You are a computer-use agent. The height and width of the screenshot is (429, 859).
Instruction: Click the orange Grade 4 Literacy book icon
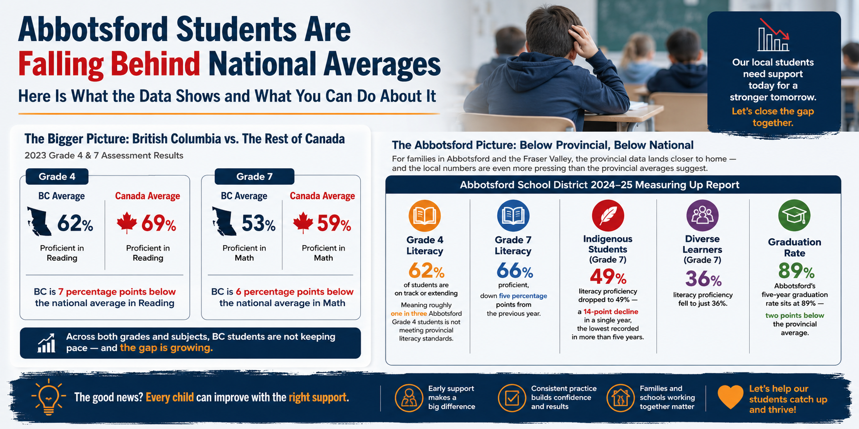pyautogui.click(x=425, y=216)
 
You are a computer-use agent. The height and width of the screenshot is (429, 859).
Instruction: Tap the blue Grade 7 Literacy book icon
pyautogui.click(x=513, y=216)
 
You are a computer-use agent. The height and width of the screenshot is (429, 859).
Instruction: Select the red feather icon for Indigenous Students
pyautogui.click(x=608, y=216)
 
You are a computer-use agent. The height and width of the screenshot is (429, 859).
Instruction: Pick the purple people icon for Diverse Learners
pyautogui.click(x=702, y=216)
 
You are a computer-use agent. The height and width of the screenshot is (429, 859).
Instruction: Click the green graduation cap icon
pyautogui.click(x=794, y=216)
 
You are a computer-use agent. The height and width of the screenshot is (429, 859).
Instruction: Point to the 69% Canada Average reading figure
pyautogui.click(x=159, y=223)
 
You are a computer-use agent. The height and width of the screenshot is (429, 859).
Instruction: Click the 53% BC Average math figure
pyautogui.click(x=259, y=223)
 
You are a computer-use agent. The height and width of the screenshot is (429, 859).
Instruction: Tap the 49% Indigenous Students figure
pyautogui.click(x=608, y=277)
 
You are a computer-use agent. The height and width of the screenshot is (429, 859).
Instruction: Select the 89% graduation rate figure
pyautogui.click(x=796, y=271)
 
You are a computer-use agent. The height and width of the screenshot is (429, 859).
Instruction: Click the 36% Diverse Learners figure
pyautogui.click(x=703, y=279)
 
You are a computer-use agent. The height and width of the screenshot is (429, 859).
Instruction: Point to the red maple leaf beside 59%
pyautogui.click(x=303, y=223)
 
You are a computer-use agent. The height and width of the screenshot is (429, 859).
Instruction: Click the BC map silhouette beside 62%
pyautogui.click(x=39, y=222)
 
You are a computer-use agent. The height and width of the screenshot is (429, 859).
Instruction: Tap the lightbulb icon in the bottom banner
pyautogui.click(x=48, y=397)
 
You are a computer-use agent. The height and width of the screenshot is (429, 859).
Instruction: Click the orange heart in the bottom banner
pyautogui.click(x=730, y=397)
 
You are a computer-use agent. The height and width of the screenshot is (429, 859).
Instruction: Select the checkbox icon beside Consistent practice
pyautogui.click(x=512, y=398)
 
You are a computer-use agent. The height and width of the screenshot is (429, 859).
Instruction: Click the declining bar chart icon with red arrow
pyautogui.click(x=774, y=35)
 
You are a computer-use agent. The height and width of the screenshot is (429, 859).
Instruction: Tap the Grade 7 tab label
pyautogui.click(x=254, y=177)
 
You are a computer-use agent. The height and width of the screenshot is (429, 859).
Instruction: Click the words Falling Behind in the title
pyautogui.click(x=109, y=64)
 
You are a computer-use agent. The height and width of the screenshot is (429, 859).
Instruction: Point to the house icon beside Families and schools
pyautogui.click(x=621, y=398)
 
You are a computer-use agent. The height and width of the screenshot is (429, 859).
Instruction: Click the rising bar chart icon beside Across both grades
pyautogui.click(x=46, y=343)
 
